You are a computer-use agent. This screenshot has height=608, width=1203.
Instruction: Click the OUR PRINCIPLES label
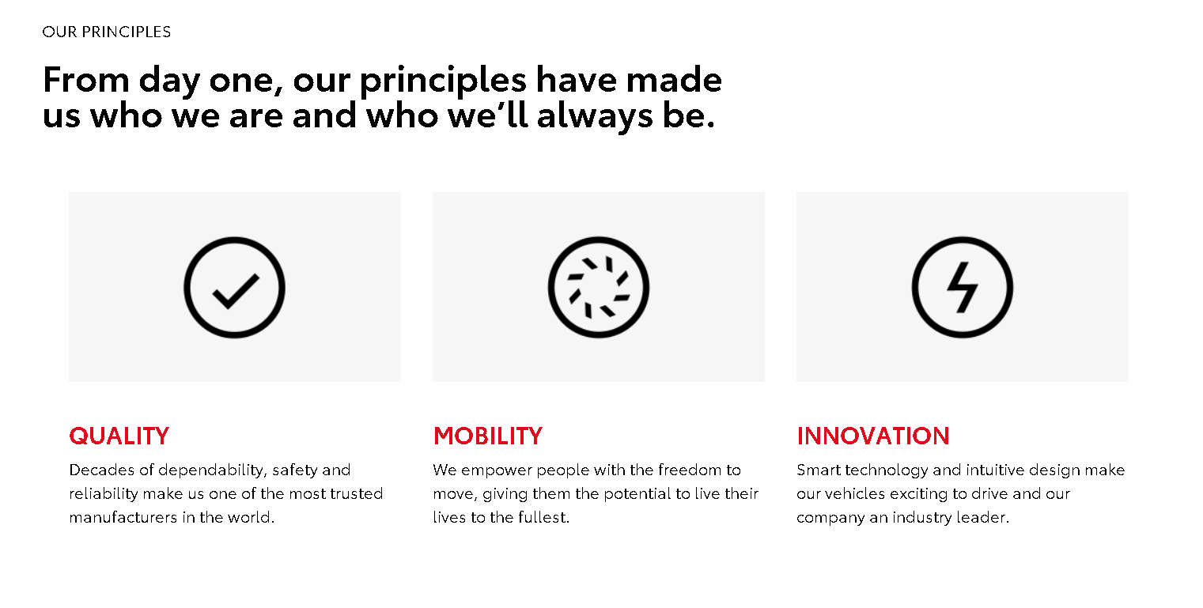(106, 32)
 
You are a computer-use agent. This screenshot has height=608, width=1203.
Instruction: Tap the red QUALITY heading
(119, 436)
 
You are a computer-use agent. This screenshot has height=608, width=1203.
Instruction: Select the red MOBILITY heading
(488, 436)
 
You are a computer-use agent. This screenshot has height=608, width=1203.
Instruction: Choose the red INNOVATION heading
(872, 436)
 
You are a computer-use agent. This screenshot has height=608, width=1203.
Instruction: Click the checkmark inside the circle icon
(235, 292)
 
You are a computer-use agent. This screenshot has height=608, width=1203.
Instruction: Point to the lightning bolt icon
(962, 288)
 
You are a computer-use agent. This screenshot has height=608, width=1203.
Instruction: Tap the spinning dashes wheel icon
(598, 288)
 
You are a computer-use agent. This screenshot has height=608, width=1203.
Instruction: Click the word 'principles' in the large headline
(443, 81)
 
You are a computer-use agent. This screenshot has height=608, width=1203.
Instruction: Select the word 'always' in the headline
(595, 117)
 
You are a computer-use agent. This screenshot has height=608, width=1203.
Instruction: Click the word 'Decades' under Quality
(101, 470)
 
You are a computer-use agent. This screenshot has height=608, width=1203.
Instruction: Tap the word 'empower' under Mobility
(496, 470)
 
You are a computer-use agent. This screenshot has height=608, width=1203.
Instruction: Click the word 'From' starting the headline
(86, 80)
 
